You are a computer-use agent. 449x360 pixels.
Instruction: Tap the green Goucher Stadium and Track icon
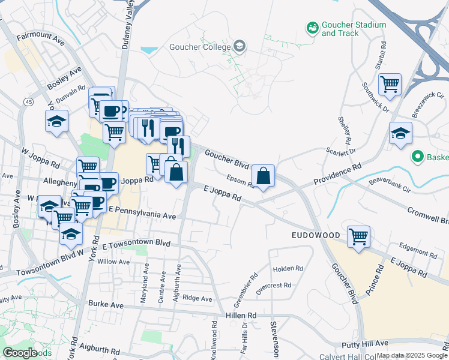pos(312,28)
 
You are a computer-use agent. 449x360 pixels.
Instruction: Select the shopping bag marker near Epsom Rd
pos(263,176)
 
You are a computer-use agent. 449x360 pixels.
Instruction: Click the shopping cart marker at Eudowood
pos(358,236)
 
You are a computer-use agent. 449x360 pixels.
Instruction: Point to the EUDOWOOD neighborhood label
pos(316,235)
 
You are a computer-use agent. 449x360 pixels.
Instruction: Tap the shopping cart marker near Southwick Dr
pos(390,85)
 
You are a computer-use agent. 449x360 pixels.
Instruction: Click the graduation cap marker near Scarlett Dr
pos(400,134)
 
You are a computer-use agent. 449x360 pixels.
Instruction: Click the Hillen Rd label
pos(241,315)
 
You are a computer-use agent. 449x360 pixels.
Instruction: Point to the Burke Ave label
pos(105,305)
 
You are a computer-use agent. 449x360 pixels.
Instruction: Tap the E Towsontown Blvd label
pos(136,245)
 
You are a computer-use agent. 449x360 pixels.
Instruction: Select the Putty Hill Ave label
pos(366,344)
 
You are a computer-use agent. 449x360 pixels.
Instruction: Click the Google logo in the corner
pos(20,353)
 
